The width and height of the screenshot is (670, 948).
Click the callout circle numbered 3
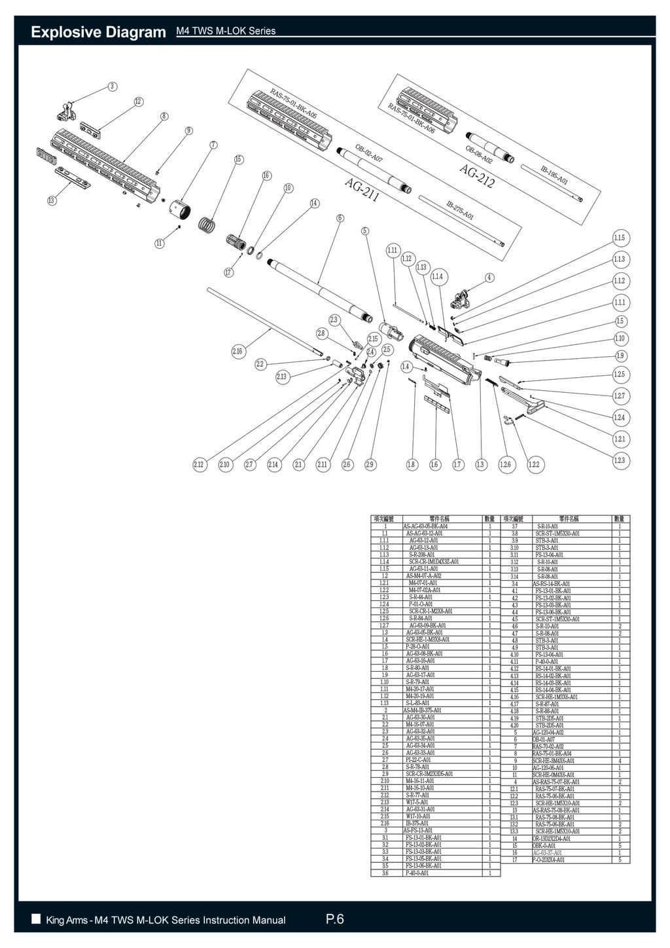pyautogui.click(x=113, y=86)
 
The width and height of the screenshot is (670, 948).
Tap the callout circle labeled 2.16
pyautogui.click(x=238, y=352)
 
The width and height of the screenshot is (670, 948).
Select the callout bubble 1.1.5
pyautogui.click(x=619, y=237)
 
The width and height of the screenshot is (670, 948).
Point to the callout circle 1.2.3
pyautogui.click(x=619, y=460)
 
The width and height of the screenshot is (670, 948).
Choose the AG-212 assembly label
pyautogui.click(x=477, y=175)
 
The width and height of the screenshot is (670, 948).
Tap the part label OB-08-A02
pyautogui.click(x=478, y=155)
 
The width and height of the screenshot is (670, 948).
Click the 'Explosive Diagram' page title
pyautogui.click(x=99, y=31)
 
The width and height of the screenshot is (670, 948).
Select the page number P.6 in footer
pyautogui.click(x=334, y=920)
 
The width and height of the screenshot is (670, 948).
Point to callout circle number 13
pyautogui.click(x=52, y=200)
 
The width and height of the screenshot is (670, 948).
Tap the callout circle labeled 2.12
pyautogui.click(x=199, y=464)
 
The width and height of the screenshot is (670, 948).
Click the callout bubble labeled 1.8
pyautogui.click(x=411, y=464)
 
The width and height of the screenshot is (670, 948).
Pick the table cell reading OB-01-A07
pyautogui.click(x=544, y=739)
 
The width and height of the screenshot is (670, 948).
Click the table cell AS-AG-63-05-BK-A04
pyautogui.click(x=425, y=526)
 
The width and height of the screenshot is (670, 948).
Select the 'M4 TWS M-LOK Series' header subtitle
pyautogui.click(x=226, y=31)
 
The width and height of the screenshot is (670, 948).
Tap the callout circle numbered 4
pyautogui.click(x=489, y=277)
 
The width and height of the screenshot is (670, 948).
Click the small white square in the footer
pyautogui.click(x=36, y=919)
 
